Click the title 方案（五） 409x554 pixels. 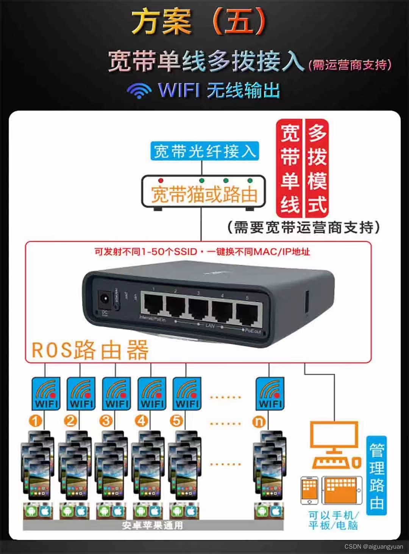coord(198,22)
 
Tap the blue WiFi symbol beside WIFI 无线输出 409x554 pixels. coord(139,90)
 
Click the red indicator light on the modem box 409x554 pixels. coord(161,180)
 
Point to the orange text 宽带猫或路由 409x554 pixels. coord(204,195)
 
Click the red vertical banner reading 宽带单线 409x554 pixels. coord(290,168)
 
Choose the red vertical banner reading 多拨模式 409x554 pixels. coord(317,168)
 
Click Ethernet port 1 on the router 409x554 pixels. coord(153,305)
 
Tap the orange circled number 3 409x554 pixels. coord(106,421)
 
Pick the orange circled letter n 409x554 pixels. coord(259,421)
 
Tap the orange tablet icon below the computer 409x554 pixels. coord(341,490)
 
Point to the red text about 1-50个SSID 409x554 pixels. coord(202,252)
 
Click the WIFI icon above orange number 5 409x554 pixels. coord(187,394)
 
